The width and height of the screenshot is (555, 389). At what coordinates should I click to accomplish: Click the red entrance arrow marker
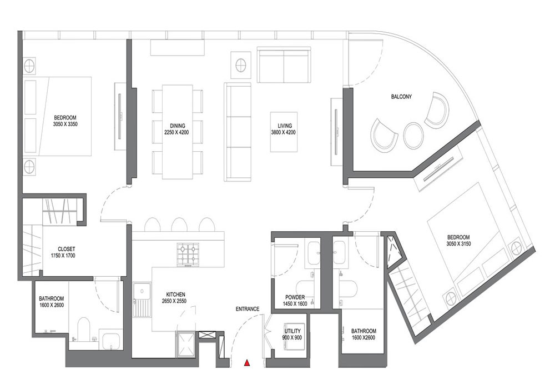click(x=247, y=362)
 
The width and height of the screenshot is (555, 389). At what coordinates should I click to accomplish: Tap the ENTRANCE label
click(x=248, y=309)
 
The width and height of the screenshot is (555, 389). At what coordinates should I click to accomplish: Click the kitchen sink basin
click(x=142, y=291)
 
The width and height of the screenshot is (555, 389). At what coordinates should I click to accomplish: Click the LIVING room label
click(x=285, y=126)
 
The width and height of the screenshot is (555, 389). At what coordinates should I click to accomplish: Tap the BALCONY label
click(x=401, y=96)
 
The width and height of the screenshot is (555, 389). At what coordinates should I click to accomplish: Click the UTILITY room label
click(x=292, y=332)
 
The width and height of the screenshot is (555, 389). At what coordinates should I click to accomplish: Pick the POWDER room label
click(x=295, y=298)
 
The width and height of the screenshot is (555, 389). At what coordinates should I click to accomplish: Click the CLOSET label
click(x=67, y=249)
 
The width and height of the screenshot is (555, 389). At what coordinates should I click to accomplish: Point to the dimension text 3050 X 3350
click(x=65, y=124)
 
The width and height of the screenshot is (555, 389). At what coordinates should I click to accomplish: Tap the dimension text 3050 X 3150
click(x=458, y=244)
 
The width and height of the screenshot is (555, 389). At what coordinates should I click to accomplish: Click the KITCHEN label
click(x=175, y=295)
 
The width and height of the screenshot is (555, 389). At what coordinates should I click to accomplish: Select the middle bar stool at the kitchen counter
click(x=179, y=224)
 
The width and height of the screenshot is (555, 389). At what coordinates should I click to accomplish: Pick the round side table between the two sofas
click(x=241, y=65)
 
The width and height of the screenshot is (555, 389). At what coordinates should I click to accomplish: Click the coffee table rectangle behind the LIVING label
click(x=284, y=132)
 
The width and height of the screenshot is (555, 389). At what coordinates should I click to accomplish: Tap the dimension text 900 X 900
click(x=292, y=338)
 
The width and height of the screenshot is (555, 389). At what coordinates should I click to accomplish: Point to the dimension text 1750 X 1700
click(x=63, y=256)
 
